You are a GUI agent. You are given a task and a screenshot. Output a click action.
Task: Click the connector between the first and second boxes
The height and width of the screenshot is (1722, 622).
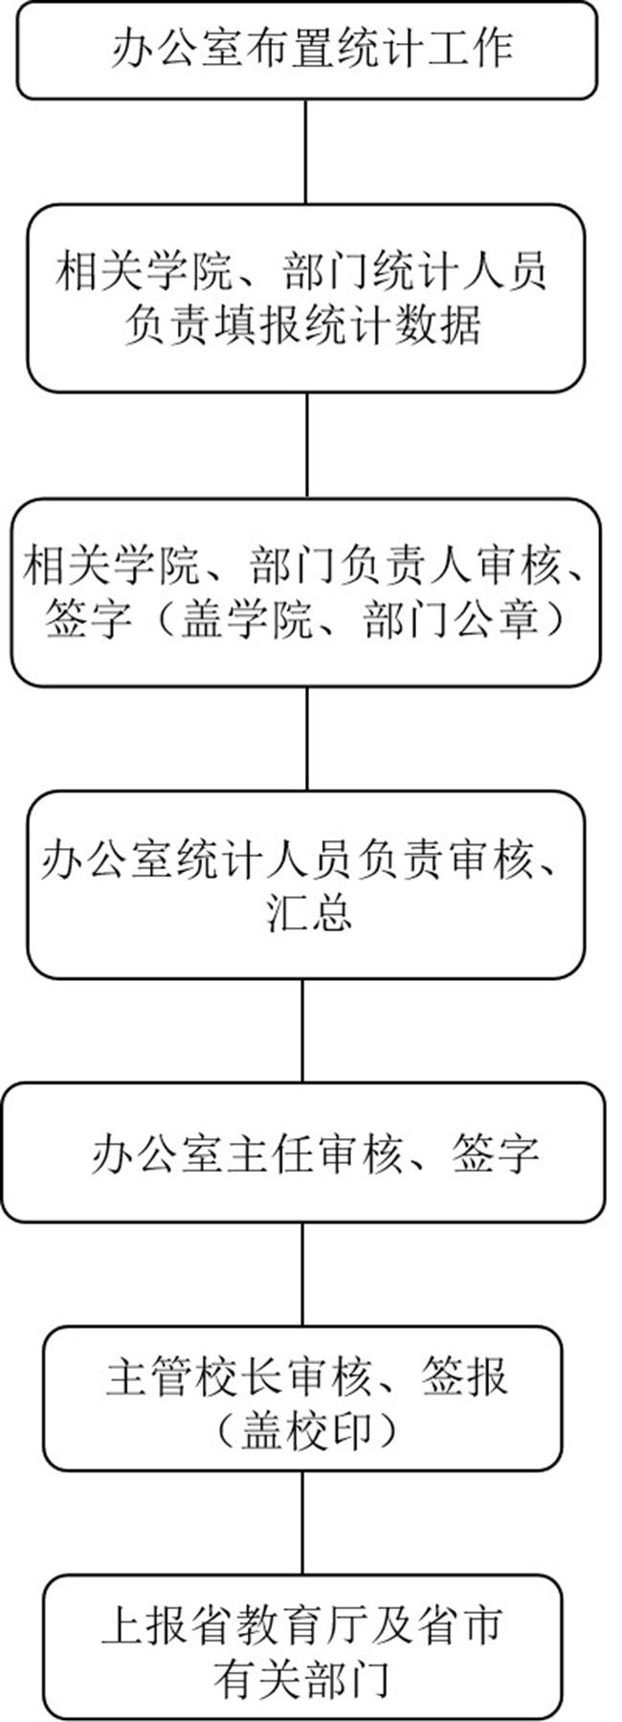pos(306,151)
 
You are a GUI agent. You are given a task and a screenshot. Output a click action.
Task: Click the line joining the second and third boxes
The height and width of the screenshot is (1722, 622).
pos(306,445)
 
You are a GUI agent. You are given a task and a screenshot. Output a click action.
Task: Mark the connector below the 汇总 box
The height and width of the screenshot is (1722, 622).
pos(304,1030)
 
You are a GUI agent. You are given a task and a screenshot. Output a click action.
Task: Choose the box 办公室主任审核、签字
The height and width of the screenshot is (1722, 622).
pos(303,1152)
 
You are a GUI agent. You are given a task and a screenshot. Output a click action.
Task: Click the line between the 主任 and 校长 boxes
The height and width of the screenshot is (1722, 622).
pos(303,1274)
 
